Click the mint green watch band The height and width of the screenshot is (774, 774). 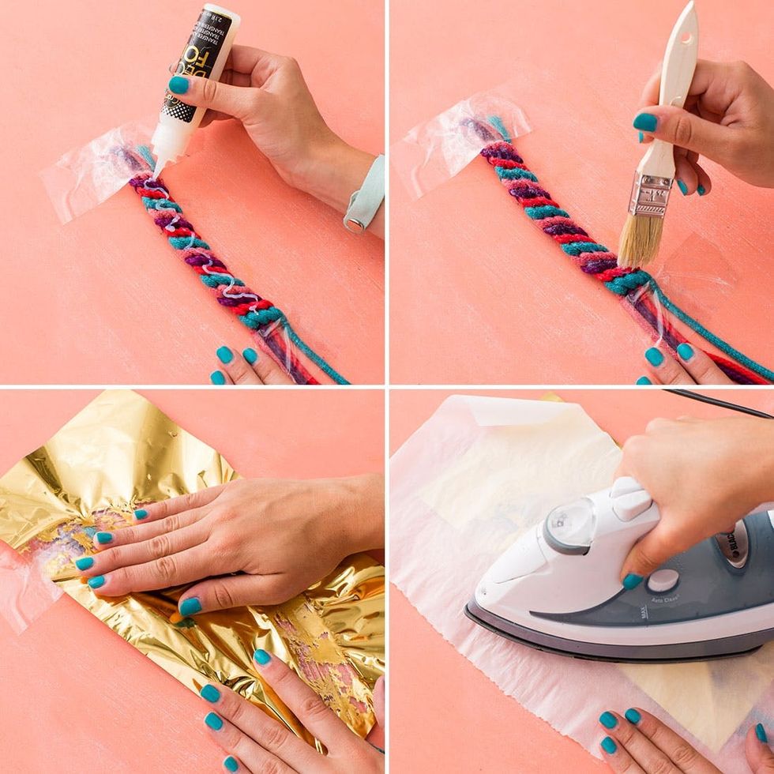[x=365, y=196]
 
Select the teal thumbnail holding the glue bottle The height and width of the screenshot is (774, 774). [x=179, y=85]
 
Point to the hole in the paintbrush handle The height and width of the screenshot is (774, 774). [x=684, y=37]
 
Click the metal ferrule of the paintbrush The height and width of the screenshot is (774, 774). [x=650, y=195]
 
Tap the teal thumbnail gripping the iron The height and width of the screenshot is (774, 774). [x=632, y=581]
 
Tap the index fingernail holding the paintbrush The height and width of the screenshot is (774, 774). [x=645, y=122]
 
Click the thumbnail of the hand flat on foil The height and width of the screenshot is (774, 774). [x=190, y=607]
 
